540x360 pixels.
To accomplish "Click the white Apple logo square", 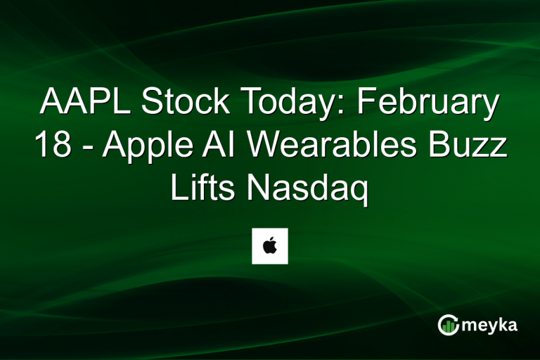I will click(x=270, y=246).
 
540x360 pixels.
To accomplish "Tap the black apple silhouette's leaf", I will click(x=271, y=240).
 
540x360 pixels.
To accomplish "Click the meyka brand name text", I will click(x=491, y=324).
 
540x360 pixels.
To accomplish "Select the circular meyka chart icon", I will click(x=448, y=324).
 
